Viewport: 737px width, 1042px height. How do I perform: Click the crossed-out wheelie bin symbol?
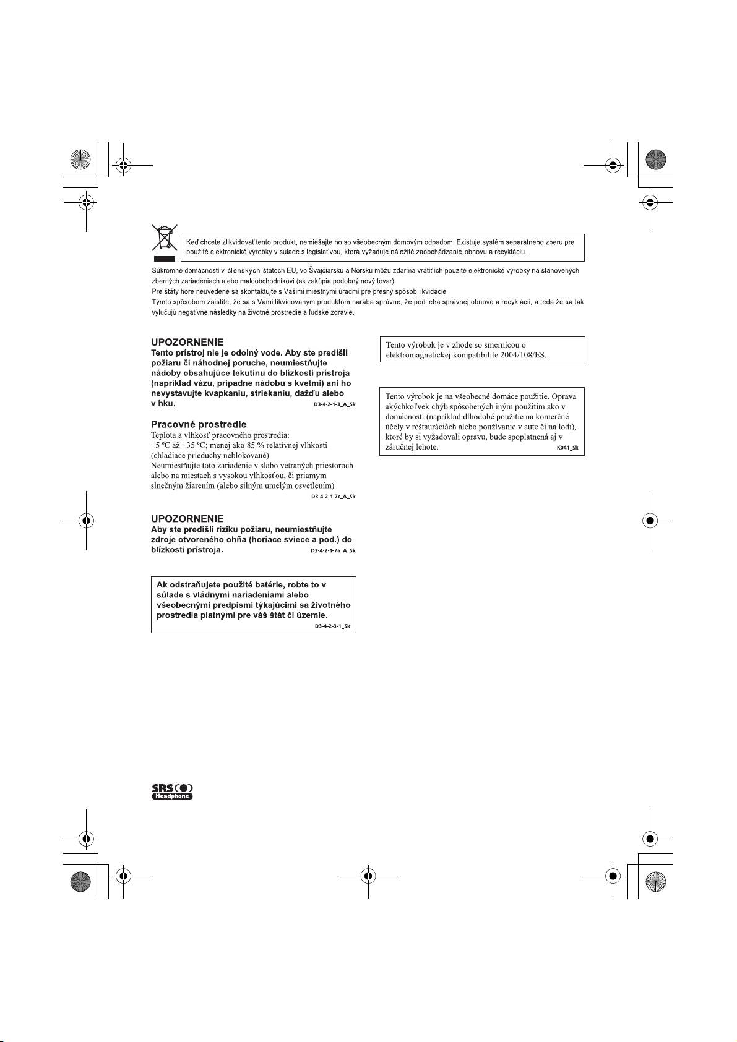pos(165,242)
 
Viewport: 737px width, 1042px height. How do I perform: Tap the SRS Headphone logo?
pos(173,792)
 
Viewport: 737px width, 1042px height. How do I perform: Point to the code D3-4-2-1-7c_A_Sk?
pos(333,497)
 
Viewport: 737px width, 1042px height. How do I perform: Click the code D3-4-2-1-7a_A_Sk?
pos(333,550)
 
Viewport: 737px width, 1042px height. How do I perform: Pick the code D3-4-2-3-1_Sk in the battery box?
pos(332,626)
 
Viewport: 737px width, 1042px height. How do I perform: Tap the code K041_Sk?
pos(567,448)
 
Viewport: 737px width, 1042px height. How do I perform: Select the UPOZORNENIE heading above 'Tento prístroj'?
pos(187,342)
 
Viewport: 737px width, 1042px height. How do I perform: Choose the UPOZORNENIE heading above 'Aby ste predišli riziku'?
pos(187,518)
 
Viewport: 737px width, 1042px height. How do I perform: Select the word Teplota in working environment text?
pos(163,435)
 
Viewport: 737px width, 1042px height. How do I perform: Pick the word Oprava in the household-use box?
pos(564,396)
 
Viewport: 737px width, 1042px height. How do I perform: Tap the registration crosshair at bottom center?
pos(368,876)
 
